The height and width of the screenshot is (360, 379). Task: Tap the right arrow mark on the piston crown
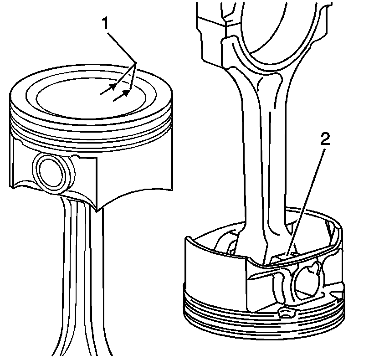point(122,95)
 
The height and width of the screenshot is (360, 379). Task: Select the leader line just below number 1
point(119,43)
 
